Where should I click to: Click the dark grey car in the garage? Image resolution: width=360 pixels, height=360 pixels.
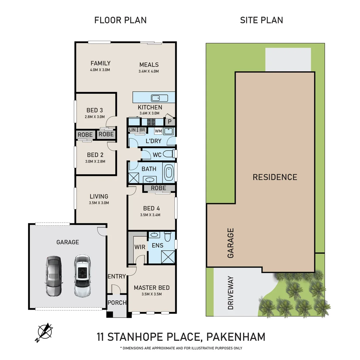53,276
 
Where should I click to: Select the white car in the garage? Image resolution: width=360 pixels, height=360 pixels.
82,276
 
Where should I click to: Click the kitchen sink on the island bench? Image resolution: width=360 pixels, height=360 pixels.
159,98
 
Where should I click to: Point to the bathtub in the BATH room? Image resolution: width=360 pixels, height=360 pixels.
169,172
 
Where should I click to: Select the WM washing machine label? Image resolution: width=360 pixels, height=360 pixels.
158,131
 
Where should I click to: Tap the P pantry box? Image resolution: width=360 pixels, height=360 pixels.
170,122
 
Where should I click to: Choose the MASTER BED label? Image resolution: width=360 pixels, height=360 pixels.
152,288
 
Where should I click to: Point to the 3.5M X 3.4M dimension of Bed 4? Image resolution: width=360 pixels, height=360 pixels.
150,215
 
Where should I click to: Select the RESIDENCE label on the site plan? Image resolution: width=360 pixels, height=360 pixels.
275,177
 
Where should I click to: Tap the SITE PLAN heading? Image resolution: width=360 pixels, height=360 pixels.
261,20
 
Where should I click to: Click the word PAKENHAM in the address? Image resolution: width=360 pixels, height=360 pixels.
236,337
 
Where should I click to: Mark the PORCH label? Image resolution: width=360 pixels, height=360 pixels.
117,303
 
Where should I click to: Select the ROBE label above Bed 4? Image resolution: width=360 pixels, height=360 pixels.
158,188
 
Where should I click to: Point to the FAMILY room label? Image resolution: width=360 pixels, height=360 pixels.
100,63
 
